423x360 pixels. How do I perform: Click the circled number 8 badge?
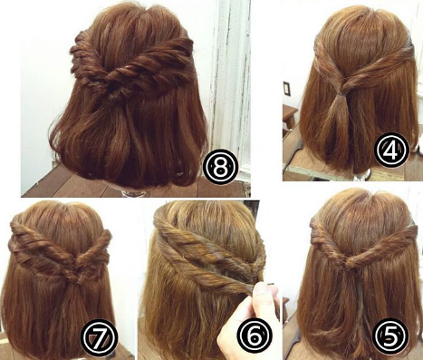coord(220,168)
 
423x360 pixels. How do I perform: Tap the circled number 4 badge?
coord(391,151)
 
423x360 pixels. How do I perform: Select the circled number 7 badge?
coord(99,337)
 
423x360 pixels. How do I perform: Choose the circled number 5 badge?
coord(389,336)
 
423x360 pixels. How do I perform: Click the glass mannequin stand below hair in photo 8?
coord(126,193)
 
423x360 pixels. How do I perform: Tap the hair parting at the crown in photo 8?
coord(145,15)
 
